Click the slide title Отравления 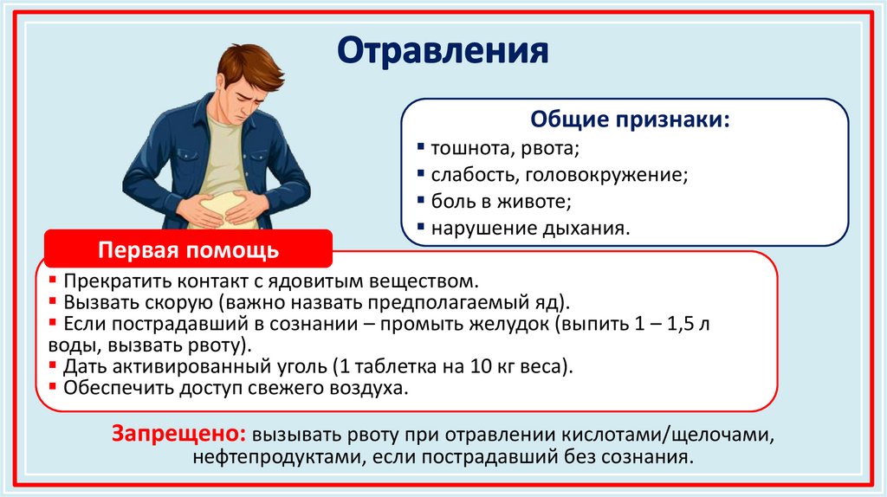pos(443,51)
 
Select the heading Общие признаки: pos(629,119)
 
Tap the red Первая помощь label pos(188,250)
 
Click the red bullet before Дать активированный pos(54,365)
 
